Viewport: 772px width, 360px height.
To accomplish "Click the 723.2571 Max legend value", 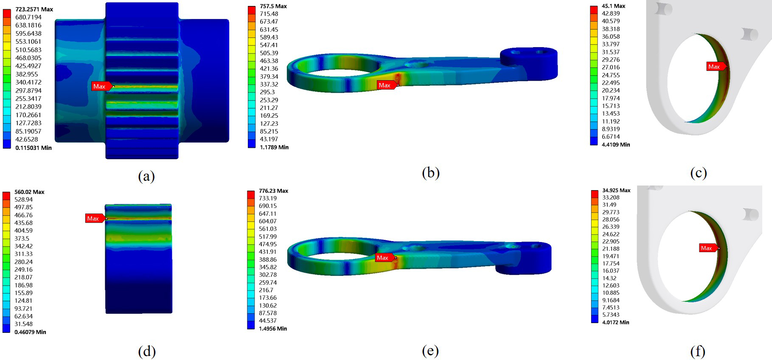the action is [x=34, y=9].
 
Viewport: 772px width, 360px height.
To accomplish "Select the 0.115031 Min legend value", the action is [x=34, y=148].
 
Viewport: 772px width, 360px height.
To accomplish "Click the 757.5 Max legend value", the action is [x=273, y=6].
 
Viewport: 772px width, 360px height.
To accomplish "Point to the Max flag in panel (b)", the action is [x=387, y=85].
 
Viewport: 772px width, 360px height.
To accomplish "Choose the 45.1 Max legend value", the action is [x=614, y=6].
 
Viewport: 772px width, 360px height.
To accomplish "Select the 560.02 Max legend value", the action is [x=29, y=192].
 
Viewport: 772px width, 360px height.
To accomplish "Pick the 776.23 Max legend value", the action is [x=273, y=191].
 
